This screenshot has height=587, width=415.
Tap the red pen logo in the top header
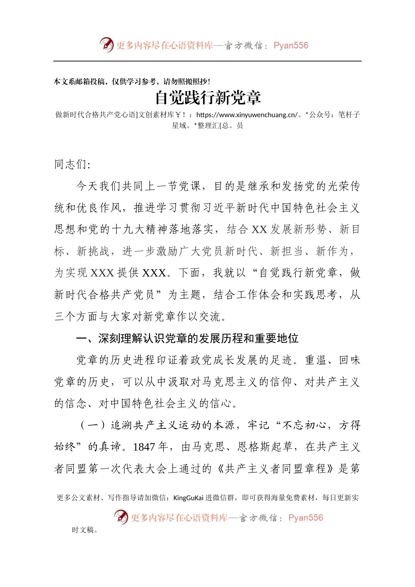106,45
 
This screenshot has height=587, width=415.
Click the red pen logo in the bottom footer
121,518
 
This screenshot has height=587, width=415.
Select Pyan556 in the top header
290,45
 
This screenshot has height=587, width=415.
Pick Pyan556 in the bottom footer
305,518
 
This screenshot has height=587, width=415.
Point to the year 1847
144,447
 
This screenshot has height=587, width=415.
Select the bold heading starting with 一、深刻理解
187,338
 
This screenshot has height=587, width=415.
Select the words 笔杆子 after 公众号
349,115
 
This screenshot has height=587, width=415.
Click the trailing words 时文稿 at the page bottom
83,530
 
